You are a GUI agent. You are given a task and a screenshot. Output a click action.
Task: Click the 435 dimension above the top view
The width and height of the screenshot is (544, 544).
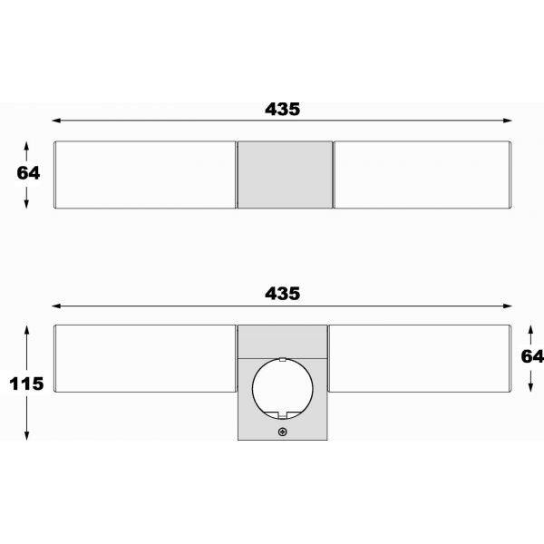pyautogui.click(x=283, y=109)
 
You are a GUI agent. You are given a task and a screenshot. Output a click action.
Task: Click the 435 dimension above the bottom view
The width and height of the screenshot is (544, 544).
pyautogui.click(x=283, y=294)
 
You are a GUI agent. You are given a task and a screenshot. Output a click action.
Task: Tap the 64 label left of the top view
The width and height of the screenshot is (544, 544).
pyautogui.click(x=28, y=174)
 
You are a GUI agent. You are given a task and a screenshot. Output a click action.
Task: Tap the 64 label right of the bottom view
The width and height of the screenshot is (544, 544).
pyautogui.click(x=532, y=356)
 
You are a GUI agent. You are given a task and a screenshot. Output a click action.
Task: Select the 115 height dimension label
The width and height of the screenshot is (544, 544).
pyautogui.click(x=26, y=384)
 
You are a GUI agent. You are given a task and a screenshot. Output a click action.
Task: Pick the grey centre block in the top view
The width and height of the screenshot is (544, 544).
pyautogui.click(x=284, y=174)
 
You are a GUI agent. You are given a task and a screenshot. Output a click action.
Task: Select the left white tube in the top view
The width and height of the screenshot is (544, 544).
pyautogui.click(x=145, y=174)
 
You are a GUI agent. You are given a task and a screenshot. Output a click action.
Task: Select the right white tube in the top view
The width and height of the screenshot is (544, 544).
pyautogui.click(x=423, y=174)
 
